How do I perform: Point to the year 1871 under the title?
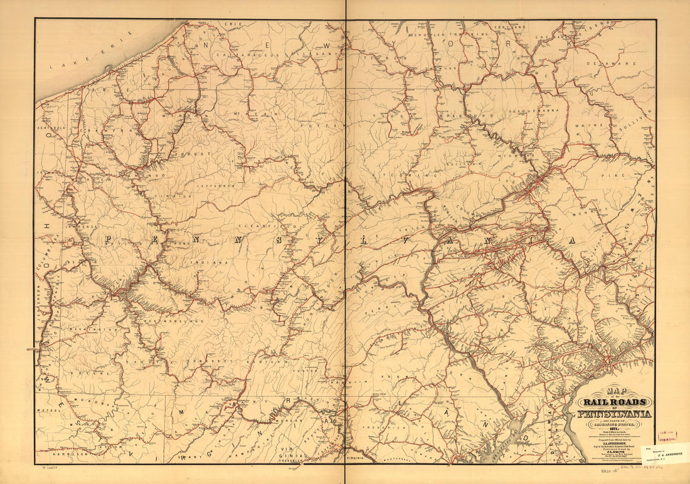point(617,428)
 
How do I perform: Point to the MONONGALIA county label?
point(92,399)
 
